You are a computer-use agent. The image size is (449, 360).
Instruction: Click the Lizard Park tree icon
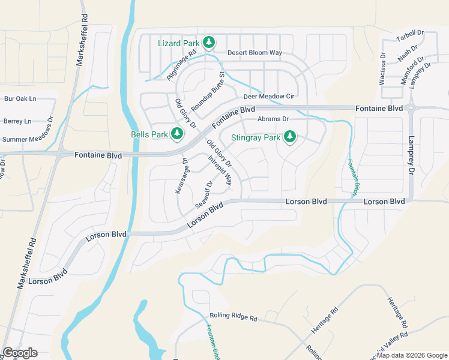pos(209,42)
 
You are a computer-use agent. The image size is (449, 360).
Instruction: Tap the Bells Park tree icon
pos(176,133)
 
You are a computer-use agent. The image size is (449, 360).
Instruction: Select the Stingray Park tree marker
pos(290,137)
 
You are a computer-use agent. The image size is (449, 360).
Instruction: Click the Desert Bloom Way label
pos(255,53)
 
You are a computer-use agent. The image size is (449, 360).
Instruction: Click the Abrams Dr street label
pos(273,119)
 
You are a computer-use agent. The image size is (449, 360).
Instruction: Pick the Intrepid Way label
pos(220,170)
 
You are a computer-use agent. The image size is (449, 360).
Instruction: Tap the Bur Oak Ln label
pos(20,98)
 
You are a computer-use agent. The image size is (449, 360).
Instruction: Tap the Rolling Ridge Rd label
pos(233,316)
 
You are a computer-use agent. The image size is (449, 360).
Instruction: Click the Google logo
pos(20,353)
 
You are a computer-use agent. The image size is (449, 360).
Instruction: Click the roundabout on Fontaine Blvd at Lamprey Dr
pos(411,108)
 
